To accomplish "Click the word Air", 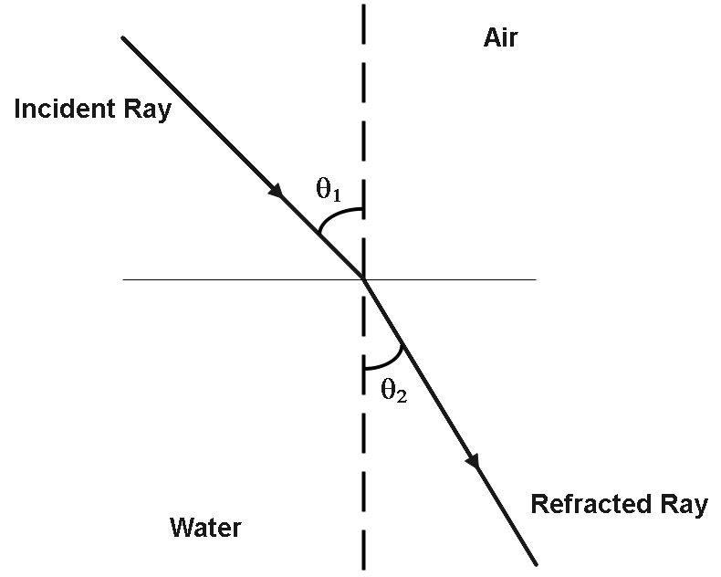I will click(x=501, y=39).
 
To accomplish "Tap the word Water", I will click(x=205, y=527).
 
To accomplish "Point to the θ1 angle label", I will click(x=329, y=192).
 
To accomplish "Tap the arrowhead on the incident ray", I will click(x=275, y=191).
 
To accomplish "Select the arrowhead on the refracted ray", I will click(x=473, y=463).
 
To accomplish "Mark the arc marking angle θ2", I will click(x=387, y=359).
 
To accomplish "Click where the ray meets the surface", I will click(x=364, y=279).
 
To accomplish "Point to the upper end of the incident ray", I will click(x=123, y=38).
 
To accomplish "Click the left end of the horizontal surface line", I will click(x=124, y=279).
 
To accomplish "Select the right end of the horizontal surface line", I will click(x=535, y=279).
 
